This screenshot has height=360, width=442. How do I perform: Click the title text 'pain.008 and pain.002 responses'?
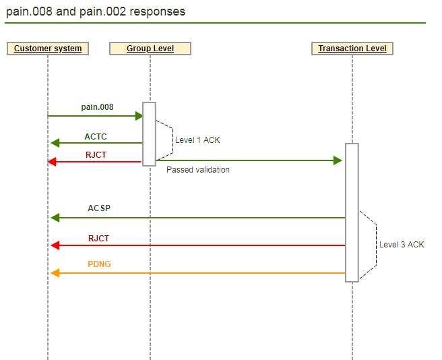[x=96, y=11]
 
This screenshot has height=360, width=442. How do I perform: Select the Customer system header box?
[x=48, y=49]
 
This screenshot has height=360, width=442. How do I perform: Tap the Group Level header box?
[x=150, y=49]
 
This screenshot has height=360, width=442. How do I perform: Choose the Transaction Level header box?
[x=352, y=49]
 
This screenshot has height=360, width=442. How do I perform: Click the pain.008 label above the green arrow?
[x=97, y=107]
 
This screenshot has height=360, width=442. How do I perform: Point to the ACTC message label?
[x=95, y=137]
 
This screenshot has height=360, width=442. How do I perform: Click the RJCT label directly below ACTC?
[x=95, y=154]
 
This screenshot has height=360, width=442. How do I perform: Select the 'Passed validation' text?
[x=198, y=170]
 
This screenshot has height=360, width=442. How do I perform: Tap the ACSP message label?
[x=99, y=208]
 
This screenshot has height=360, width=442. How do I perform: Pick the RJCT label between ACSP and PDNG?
[x=98, y=239]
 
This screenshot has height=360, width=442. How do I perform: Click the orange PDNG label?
[x=99, y=264]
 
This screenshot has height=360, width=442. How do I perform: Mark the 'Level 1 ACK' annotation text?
[x=197, y=140]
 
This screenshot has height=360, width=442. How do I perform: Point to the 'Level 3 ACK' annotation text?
[x=402, y=245]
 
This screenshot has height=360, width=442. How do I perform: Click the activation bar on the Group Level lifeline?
[x=150, y=133]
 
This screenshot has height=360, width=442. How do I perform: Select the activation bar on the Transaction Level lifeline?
[x=352, y=212]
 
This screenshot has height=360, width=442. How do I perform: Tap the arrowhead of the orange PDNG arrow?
[x=55, y=273]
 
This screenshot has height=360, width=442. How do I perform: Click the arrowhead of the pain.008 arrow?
[x=139, y=116]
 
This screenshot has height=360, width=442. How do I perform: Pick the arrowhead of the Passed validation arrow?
[x=338, y=160]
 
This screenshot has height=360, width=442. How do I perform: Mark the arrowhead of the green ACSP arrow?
[x=55, y=218]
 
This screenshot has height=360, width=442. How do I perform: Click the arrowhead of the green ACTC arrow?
[x=55, y=143]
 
